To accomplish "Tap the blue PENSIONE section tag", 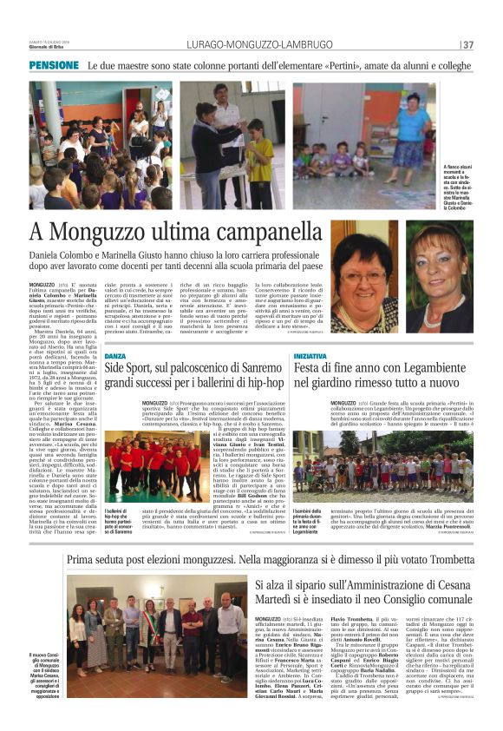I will [54, 65].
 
